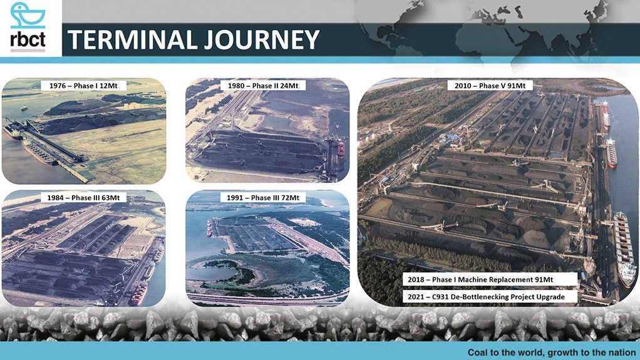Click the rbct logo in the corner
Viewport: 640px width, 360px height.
pos(28,28)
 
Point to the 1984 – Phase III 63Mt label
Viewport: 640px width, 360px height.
pos(84,198)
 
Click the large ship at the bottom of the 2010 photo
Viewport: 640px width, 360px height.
pos(624,247)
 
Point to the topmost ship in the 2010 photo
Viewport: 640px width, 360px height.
pos(604,115)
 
